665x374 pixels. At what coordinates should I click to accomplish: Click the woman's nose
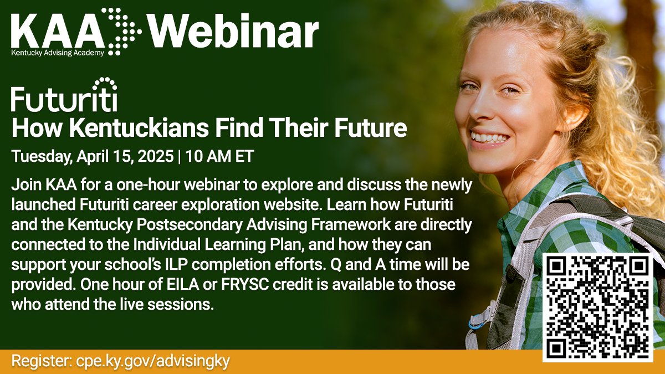click(485, 105)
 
